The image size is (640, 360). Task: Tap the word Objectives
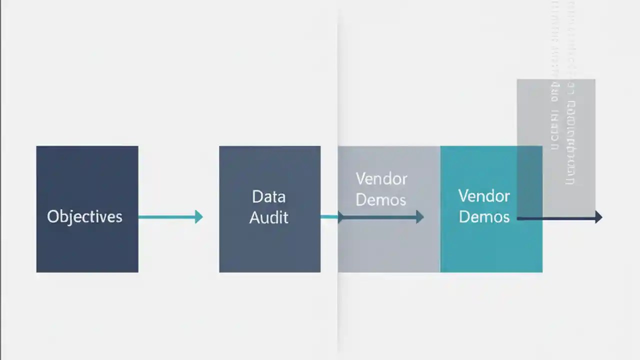84,217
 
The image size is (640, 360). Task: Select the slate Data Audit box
269,245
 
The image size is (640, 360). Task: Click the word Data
268,196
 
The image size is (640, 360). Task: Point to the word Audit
268,218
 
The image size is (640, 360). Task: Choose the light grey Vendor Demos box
388,245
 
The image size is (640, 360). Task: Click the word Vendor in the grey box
381,179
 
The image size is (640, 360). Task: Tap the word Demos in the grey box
381,200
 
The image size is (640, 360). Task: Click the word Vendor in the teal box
484,195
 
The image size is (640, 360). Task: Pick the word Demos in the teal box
484,217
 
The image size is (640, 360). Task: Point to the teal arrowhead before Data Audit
199,217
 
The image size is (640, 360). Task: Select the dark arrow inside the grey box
380,217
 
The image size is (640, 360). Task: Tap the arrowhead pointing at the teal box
420,217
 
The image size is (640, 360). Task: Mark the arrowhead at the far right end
598,217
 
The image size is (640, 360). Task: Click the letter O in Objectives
52,216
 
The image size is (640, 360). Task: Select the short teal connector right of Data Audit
329,216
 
